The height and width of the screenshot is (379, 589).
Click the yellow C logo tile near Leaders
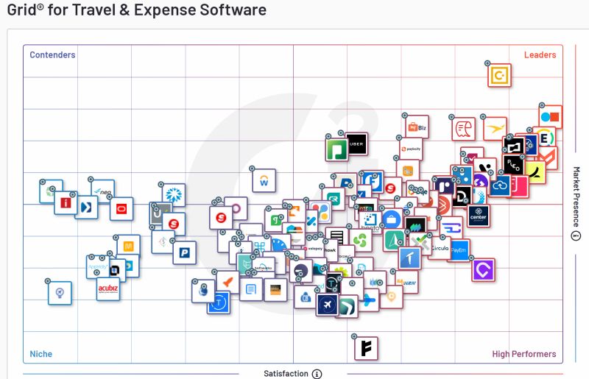500,75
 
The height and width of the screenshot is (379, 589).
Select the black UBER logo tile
356,144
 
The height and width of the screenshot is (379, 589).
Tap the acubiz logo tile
108,289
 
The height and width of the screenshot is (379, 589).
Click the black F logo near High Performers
366,347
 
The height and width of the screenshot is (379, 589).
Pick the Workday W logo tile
264,181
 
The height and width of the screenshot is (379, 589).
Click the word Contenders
52,55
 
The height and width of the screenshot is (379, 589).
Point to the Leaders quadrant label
540,55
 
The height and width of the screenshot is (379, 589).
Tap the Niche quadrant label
41,354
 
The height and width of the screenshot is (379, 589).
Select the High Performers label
524,354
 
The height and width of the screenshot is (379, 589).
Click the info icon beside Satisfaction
317,374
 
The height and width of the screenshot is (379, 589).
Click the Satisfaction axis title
286,374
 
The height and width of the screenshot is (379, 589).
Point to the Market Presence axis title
576,197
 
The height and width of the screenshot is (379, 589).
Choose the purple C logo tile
483,270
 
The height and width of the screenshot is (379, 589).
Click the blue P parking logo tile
185,252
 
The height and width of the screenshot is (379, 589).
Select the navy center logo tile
479,216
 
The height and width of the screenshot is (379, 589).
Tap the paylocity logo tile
412,149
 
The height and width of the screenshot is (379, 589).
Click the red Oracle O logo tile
121,208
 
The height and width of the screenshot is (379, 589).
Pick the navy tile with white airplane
327,304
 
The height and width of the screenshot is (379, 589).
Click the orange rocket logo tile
228,281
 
